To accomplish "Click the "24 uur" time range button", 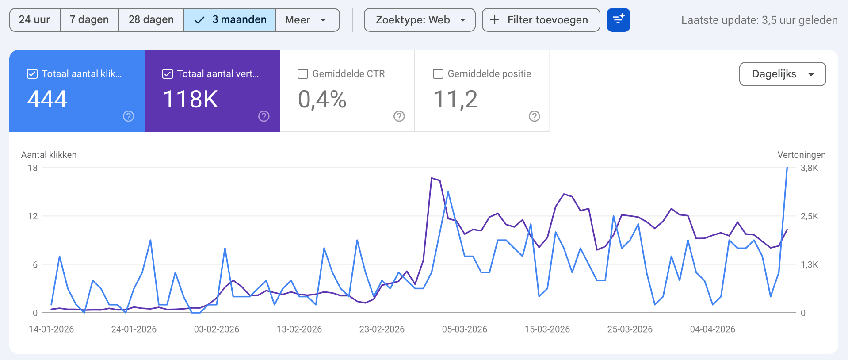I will [34, 20].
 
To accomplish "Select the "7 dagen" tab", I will [89, 20].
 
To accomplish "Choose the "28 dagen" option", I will [151, 20].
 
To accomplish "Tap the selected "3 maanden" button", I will [230, 20].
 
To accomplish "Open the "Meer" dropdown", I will [307, 20].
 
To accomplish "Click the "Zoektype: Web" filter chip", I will [419, 20].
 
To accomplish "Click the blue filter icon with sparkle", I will [618, 20].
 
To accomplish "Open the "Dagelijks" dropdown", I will [782, 74].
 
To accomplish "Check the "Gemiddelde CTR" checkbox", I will [303, 74].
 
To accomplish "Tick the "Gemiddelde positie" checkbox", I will [438, 74].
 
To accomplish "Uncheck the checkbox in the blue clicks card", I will [32, 74].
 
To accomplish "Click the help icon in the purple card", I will [264, 116].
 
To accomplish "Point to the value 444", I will [47, 99].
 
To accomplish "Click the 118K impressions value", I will [191, 99].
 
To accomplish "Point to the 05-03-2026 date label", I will [464, 329].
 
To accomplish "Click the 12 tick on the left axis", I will [33, 216].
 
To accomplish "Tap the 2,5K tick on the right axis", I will [809, 216].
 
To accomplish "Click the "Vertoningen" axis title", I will [801, 155].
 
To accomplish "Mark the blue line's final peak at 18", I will [787, 168].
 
